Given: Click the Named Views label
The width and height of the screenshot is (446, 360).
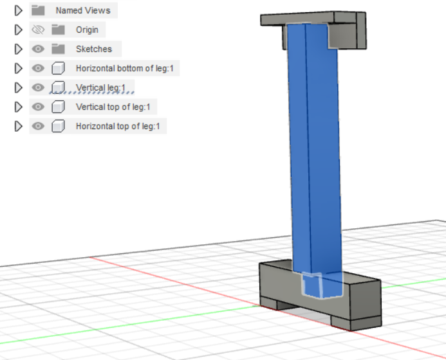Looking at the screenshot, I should click(82, 10).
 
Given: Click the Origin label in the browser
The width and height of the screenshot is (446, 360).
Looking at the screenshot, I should click(87, 30).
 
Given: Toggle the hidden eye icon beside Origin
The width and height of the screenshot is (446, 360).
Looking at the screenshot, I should click(38, 30).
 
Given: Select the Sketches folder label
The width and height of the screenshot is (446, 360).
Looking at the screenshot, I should click(93, 49).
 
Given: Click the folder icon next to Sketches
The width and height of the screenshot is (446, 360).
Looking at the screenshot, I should click(59, 49).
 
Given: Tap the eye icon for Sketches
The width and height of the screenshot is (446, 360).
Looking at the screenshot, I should click(38, 49).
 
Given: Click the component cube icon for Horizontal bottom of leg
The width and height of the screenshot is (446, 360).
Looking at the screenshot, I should click(59, 68).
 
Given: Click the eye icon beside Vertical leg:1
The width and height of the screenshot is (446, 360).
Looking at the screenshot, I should click(38, 87).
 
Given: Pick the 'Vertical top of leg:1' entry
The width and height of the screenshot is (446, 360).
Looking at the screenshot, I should click(116, 107).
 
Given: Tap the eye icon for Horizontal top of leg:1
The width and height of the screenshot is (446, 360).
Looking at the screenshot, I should click(38, 126).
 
